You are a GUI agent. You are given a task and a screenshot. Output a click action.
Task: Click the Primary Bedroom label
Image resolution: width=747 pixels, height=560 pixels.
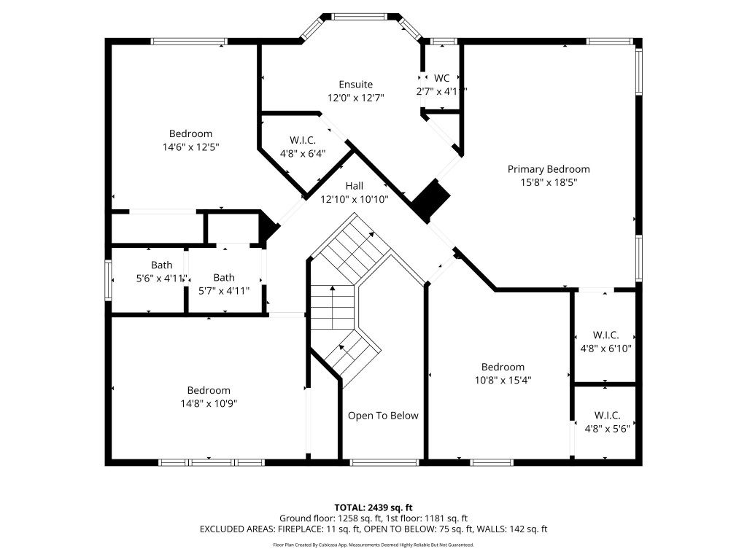549,169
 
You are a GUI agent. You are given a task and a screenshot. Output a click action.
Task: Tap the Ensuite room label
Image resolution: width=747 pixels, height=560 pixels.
355,84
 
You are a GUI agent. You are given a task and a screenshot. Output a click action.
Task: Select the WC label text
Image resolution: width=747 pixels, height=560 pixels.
441,78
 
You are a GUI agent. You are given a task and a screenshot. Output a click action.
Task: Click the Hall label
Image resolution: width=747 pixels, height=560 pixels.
354,186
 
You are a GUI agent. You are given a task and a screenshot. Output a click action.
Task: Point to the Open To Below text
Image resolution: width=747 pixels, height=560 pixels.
383,416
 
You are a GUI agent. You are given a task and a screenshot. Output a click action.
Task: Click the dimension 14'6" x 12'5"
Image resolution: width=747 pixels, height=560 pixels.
190,147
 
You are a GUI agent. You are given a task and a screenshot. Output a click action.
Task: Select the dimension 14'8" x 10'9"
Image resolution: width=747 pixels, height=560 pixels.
208,403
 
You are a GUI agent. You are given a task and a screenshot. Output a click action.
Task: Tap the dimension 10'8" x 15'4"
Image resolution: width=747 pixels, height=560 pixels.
502,380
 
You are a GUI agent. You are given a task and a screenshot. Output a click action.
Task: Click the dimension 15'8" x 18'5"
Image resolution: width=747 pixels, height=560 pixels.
549,182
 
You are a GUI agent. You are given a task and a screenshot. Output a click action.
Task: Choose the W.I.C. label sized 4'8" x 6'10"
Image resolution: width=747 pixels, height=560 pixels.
605,335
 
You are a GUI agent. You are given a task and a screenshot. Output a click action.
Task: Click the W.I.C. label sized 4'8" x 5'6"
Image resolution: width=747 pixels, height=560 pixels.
607,415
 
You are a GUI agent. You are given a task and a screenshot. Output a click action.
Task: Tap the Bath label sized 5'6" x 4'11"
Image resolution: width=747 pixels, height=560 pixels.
162,265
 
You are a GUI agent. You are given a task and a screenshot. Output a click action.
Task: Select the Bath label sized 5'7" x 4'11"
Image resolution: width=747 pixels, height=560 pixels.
224,277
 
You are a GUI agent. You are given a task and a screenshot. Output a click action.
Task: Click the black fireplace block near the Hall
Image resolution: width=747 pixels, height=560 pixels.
430,200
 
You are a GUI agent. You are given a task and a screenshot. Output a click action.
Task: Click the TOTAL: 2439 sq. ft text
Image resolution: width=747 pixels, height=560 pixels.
373,507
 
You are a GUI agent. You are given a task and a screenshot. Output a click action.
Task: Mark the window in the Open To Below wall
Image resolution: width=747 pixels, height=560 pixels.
384,462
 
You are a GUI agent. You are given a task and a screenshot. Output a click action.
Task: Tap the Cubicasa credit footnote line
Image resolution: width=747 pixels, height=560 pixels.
373,545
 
